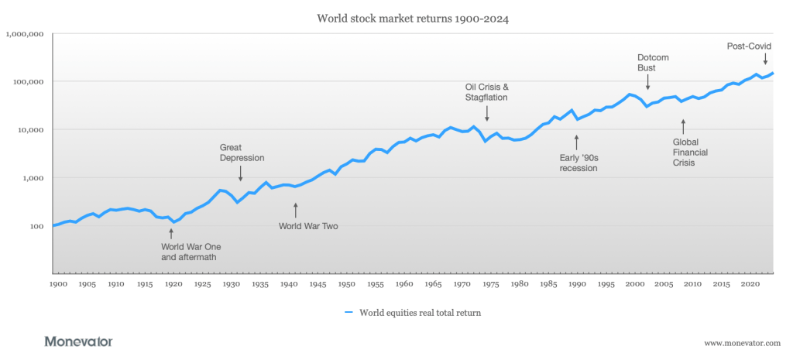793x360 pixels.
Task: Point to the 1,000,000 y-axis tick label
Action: click(x=26, y=34)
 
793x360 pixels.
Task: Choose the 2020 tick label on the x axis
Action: click(x=750, y=284)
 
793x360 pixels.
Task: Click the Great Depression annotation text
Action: click(x=242, y=153)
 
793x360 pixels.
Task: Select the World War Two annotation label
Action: click(x=308, y=227)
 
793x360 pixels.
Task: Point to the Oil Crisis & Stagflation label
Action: click(x=486, y=92)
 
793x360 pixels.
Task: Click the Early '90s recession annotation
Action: click(x=578, y=163)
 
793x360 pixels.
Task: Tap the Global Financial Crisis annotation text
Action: click(x=688, y=153)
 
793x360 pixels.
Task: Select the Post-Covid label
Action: click(x=749, y=46)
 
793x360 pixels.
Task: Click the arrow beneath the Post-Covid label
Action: click(x=766, y=58)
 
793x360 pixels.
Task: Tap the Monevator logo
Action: click(x=78, y=341)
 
